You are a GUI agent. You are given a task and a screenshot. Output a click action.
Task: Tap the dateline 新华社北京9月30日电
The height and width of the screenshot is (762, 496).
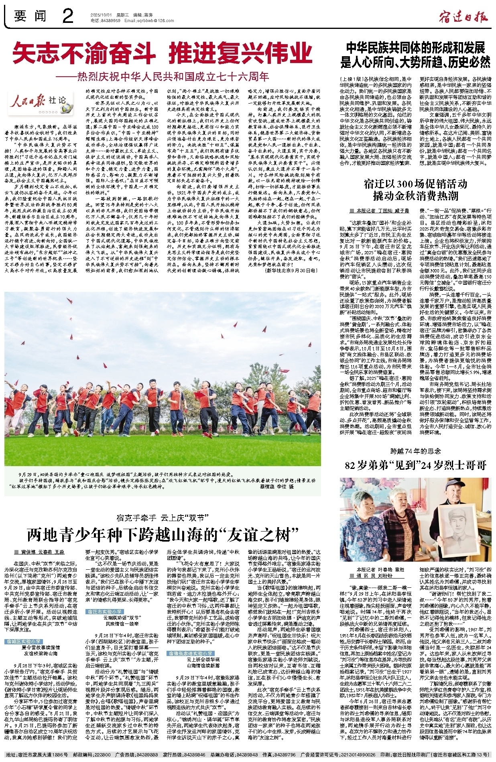pyautogui.click(x=291, y=271)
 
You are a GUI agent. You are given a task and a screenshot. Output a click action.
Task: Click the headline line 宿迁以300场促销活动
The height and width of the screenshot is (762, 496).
pyautogui.click(x=415, y=184)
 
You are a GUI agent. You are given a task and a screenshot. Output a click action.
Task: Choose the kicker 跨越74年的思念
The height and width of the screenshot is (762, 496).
pyautogui.click(x=415, y=451)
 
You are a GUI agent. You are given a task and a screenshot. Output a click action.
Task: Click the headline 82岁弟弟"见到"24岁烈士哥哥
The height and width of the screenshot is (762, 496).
pyautogui.click(x=415, y=465)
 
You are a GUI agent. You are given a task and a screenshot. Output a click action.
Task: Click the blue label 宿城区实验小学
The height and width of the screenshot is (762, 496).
pyautogui.click(x=25, y=642)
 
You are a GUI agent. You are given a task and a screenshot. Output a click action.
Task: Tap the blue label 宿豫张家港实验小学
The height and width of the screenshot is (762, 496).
pyautogui.click(x=191, y=654)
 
